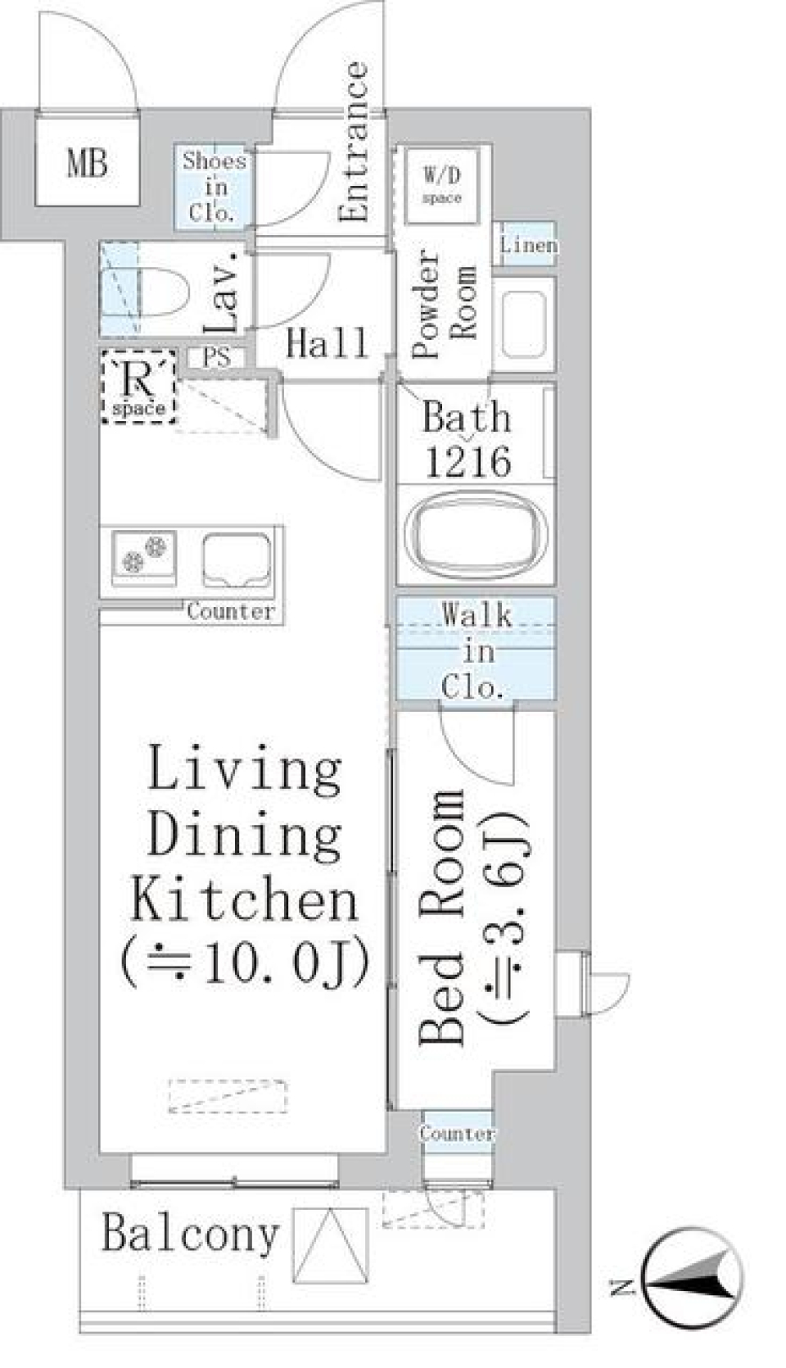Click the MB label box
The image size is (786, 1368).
pos(86,161)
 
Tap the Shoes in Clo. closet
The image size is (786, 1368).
pos(214,188)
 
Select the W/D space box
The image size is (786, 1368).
pos(442,185)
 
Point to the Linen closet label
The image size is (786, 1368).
pos(528,244)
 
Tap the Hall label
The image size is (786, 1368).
pos(326,344)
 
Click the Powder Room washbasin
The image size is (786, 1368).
pos(524,324)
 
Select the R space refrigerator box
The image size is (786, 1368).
pos(138,386)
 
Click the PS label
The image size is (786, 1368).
pos(217,358)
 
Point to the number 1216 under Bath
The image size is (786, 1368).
pos(468,463)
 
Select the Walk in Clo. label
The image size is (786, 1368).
pos(477,650)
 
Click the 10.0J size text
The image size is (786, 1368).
pos(246,963)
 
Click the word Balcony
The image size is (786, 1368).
pos(190,1233)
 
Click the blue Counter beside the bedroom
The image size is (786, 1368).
pos(457,1133)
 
